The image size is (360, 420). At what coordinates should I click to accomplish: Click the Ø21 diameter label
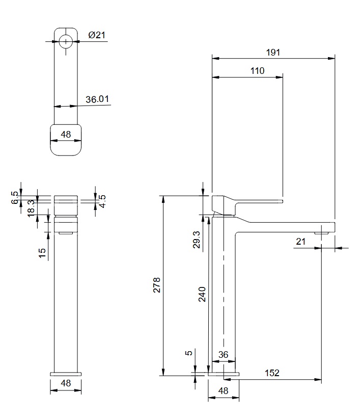pos(97,35)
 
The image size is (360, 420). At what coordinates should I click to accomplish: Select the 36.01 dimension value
pos(97,99)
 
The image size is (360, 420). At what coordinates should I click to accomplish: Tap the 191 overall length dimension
pos(273,52)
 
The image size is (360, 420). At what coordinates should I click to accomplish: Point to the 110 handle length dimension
pos(257,71)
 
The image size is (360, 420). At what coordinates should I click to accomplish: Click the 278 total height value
pos(157,285)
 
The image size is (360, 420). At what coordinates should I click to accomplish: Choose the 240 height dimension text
pos(202,294)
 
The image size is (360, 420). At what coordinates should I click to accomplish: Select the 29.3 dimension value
pos(197,240)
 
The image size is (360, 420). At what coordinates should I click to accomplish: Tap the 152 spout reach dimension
pos(272,373)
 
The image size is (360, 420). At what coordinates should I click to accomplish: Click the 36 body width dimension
pos(223,355)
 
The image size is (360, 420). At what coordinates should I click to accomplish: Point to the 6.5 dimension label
pos(15,197)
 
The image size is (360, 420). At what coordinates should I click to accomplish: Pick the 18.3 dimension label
pos(31,208)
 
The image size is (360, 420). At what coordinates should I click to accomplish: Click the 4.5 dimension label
pos(102,201)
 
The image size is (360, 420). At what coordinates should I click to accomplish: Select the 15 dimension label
pos(42,253)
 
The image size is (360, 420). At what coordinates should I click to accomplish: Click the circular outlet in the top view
pos(66,41)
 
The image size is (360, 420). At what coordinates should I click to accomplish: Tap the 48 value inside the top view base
pos(66,134)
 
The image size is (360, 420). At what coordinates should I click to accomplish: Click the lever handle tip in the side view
pos(282,201)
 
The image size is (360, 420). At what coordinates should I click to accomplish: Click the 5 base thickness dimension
pos(189,353)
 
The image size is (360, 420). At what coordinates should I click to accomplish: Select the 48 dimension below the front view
pos(66,383)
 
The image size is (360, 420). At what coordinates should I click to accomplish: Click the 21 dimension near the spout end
pos(300,241)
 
